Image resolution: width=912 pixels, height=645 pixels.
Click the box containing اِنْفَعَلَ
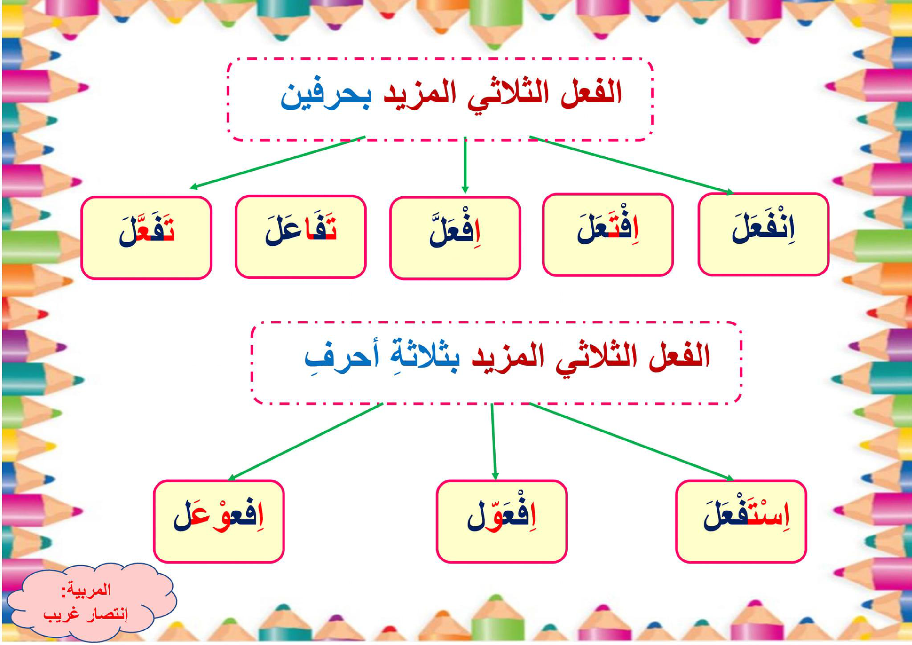pyautogui.click(x=763, y=234)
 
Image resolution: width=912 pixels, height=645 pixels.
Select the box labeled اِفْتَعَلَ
pyautogui.click(x=608, y=234)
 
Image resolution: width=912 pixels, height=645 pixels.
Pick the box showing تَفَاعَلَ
pyautogui.click(x=301, y=236)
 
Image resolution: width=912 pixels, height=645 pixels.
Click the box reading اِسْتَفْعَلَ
pyautogui.click(x=741, y=521)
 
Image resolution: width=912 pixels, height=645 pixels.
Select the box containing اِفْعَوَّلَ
pyautogui.click(x=501, y=521)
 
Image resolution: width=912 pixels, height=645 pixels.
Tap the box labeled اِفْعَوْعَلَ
pyautogui.click(x=219, y=521)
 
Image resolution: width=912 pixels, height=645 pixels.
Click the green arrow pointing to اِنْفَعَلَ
pyautogui.click(x=631, y=165)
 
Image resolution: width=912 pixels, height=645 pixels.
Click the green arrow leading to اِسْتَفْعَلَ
pyautogui.click(x=631, y=441)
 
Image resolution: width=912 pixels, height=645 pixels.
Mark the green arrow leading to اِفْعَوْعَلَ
pyautogui.click(x=306, y=441)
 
